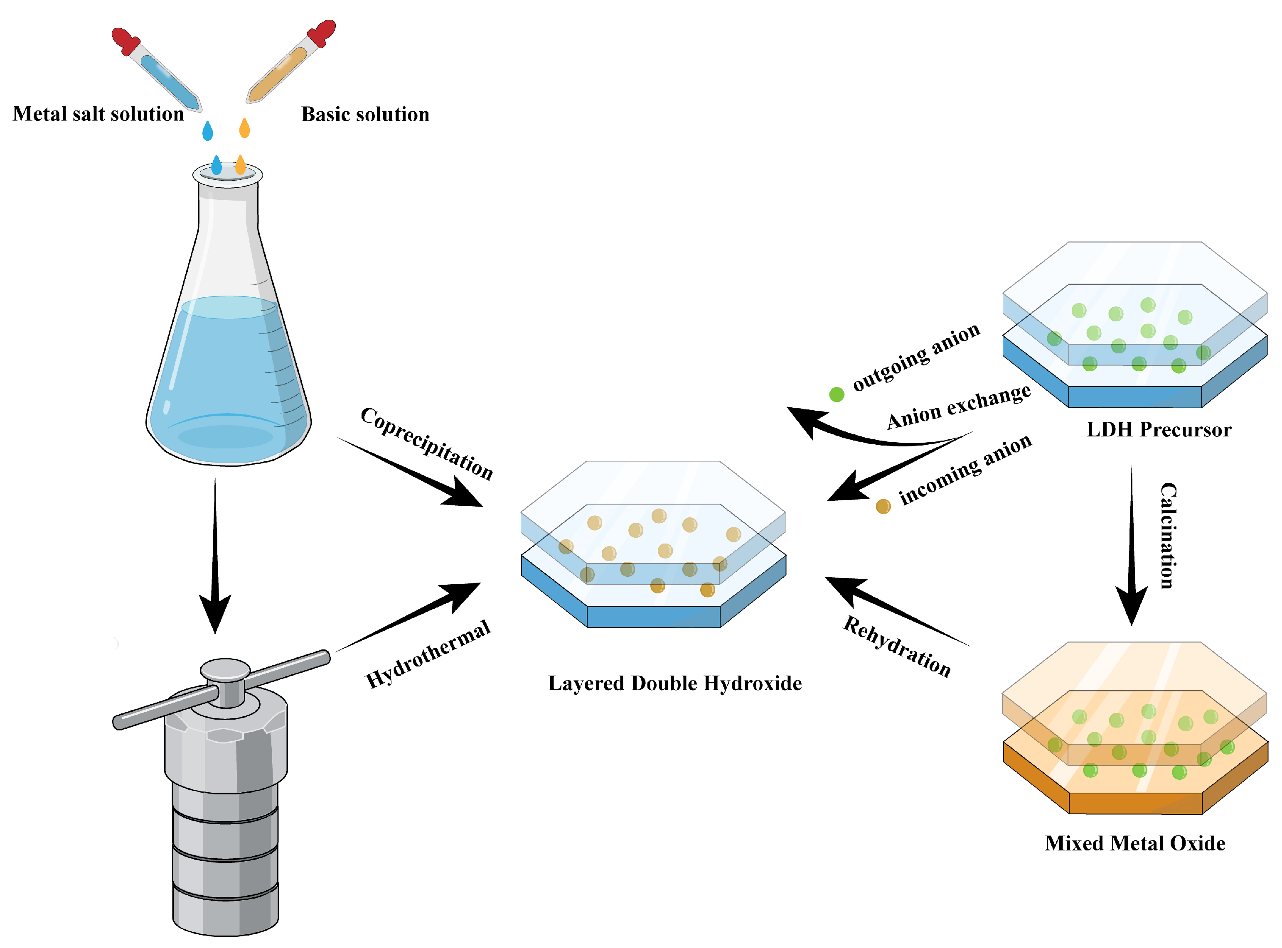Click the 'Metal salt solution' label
[x=98, y=114]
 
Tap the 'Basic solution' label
[x=365, y=114]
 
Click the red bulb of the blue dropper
[x=123, y=39]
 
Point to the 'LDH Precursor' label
[x=1159, y=429]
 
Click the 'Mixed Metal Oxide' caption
[x=1134, y=843]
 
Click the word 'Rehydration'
[x=897, y=647]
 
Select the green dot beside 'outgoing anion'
[x=837, y=394]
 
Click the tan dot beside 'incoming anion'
[x=883, y=506]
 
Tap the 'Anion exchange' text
[x=959, y=406]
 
